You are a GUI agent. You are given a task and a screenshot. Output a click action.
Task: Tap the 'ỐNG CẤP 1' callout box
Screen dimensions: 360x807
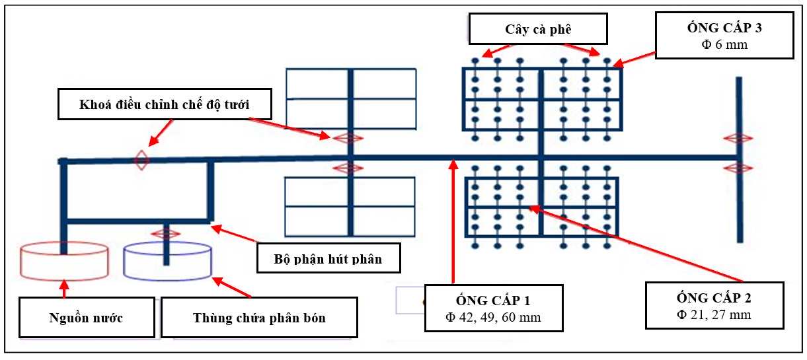(493, 307)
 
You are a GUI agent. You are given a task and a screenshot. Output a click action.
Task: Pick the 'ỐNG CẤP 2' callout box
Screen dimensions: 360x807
(714, 305)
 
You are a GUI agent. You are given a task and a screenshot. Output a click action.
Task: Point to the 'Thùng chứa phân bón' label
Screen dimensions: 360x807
(259, 317)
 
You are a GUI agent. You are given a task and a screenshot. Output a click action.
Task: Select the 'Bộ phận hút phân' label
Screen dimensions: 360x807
(328, 258)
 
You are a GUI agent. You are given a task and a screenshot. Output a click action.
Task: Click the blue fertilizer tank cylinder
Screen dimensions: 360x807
(168, 260)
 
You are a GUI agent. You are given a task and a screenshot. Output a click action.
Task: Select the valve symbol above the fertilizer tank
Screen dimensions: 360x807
(165, 233)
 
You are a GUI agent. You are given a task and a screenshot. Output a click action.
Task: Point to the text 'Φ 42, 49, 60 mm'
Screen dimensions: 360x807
(493, 317)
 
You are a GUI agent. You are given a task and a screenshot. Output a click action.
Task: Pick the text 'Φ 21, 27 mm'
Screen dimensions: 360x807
(714, 314)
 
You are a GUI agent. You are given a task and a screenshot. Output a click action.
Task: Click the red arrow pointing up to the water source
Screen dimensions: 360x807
(64, 289)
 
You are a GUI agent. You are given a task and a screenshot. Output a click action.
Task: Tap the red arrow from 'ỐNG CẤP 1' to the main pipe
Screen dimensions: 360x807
(453, 225)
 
